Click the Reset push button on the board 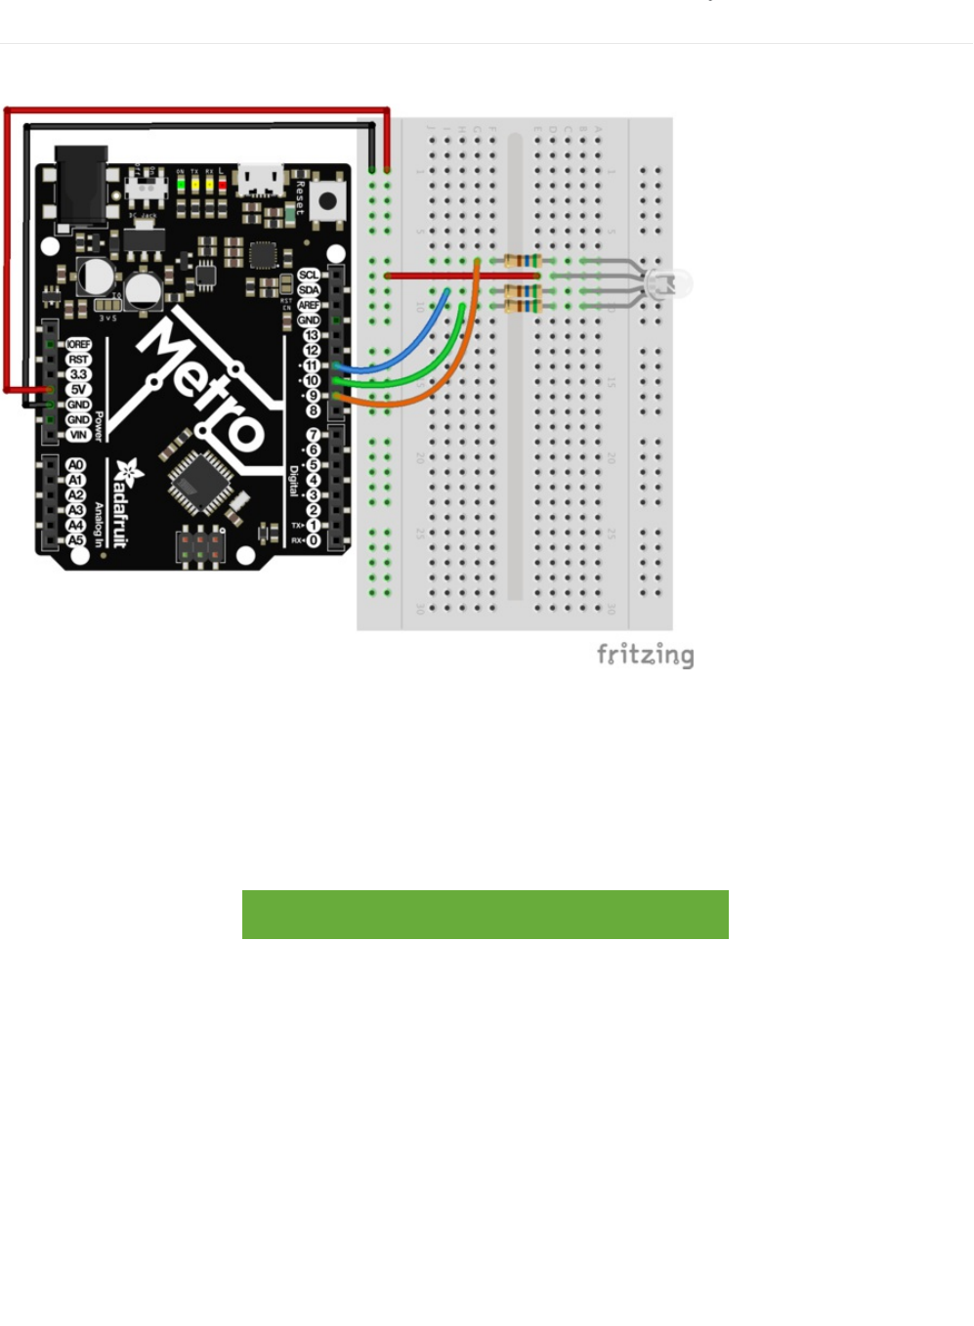coord(326,202)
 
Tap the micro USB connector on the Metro coord(260,180)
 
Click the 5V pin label coord(78,390)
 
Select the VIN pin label coord(78,435)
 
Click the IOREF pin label coord(78,345)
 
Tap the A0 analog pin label coord(75,465)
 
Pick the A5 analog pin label coord(75,540)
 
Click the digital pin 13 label coord(312,335)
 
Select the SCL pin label coord(309,276)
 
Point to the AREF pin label coord(309,305)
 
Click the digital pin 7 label coord(313,435)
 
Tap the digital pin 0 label coord(313,540)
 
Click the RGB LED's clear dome coord(673,284)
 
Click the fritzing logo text coord(645,655)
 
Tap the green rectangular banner coord(485,915)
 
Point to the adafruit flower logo coord(126,474)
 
